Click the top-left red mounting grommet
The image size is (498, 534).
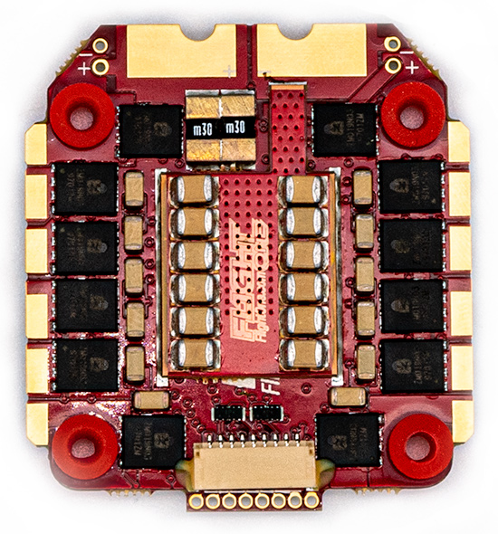pyautogui.click(x=82, y=115)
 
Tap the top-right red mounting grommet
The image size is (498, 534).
pyautogui.click(x=412, y=115)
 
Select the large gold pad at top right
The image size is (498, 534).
pyautogui.click(x=312, y=51)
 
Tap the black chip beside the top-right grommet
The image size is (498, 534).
pyautogui.click(x=345, y=129)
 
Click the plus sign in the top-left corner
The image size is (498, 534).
pyautogui.click(x=85, y=67)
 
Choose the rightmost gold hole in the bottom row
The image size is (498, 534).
pyautogui.click(x=311, y=500)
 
